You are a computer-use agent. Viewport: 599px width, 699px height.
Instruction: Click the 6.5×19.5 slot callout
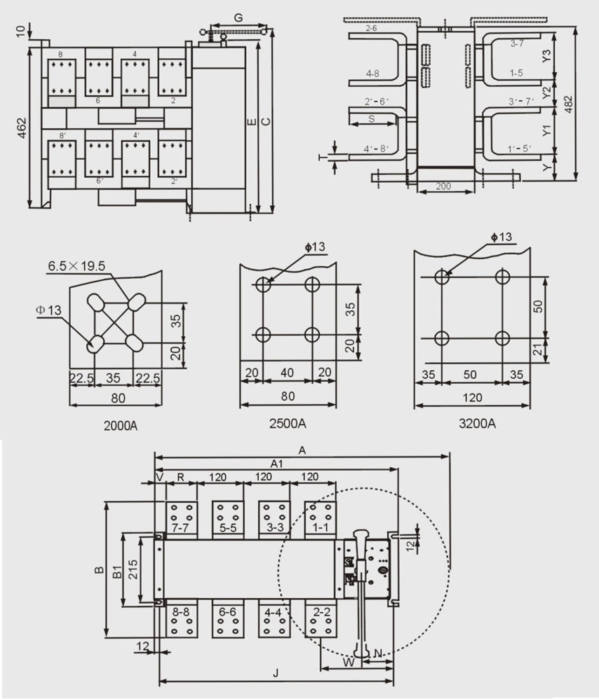(76, 265)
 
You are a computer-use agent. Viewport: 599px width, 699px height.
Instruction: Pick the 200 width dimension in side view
(443, 186)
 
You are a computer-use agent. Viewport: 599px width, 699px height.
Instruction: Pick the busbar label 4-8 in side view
(373, 73)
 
